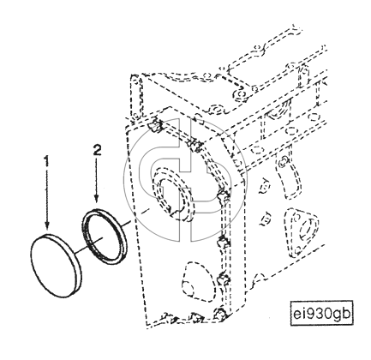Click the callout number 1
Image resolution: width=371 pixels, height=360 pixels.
46,161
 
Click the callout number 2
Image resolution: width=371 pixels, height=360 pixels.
98,150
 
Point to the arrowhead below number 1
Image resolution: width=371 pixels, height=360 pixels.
46,225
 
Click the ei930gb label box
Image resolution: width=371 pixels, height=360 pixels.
321,313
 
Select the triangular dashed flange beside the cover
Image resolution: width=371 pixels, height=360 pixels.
302,230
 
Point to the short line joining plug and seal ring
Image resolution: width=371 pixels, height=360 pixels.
87,245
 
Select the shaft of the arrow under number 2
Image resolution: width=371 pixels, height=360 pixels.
97,177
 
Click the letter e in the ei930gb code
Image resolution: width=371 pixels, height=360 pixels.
297,315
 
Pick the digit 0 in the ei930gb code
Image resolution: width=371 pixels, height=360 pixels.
328,313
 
